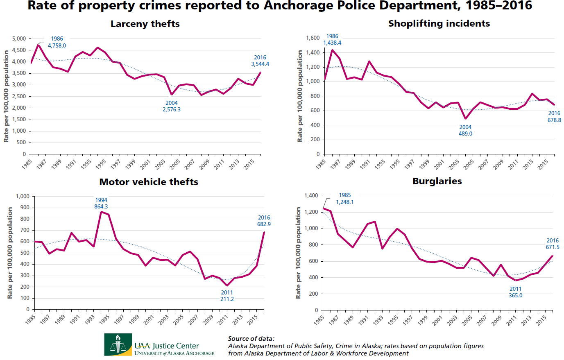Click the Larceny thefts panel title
[145, 24]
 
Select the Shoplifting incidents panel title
[439, 24]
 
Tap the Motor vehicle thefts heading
[149, 182]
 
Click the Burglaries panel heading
[437, 181]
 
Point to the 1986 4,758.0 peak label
[57, 42]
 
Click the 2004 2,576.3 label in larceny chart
[172, 106]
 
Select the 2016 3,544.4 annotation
[260, 61]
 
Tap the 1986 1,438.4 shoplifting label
[332, 40]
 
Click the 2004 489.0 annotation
[465, 131]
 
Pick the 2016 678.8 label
[554, 117]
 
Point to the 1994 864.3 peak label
[101, 204]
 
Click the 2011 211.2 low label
[227, 296]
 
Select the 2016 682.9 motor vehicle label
[264, 221]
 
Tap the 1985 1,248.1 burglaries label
[345, 199]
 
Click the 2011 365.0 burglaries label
[516, 292]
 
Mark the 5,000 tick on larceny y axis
[19, 39]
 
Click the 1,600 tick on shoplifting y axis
[313, 38]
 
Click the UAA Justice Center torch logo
[118, 344]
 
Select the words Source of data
[251, 339]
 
